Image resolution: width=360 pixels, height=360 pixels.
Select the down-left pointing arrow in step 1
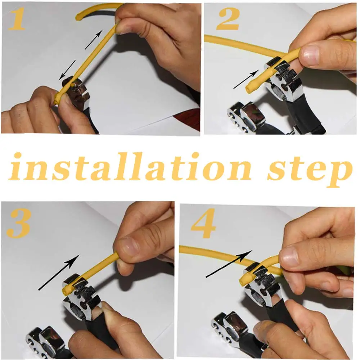tap(67, 69)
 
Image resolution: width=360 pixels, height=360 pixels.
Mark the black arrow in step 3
tap(59, 272)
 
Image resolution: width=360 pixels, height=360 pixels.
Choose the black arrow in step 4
tap(229, 265)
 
